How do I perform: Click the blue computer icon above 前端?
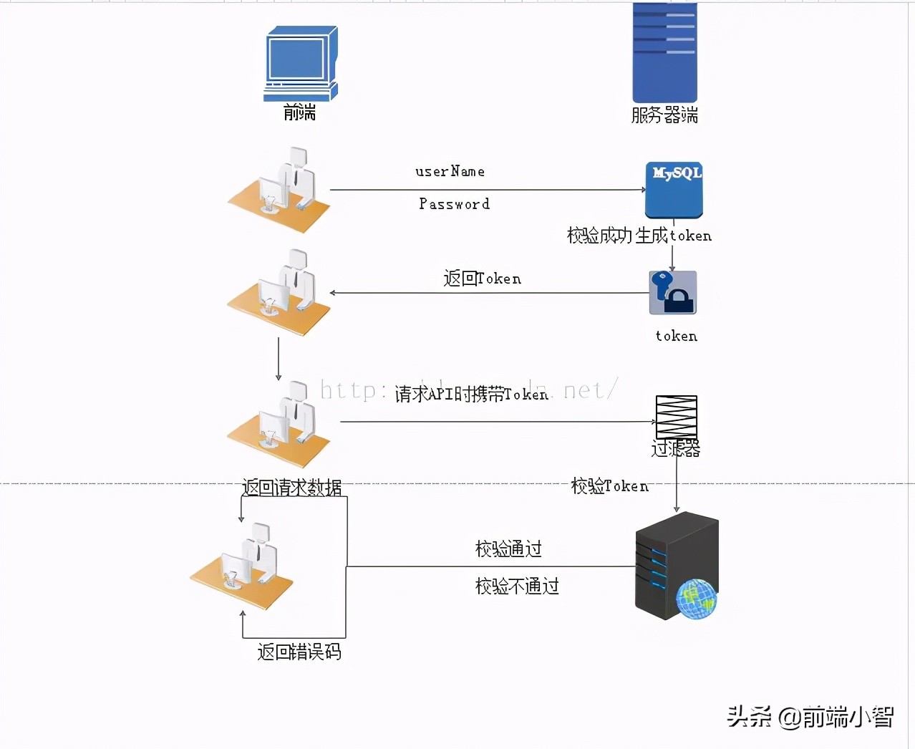tap(300, 64)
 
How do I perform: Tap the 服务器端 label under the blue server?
tap(664, 115)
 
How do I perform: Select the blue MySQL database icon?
tap(674, 190)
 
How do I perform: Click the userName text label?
tap(450, 172)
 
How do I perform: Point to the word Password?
tap(454, 204)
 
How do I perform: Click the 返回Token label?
tap(482, 279)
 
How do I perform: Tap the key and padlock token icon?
tap(672, 292)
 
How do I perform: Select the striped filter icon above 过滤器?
tap(676, 417)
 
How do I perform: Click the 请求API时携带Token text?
tap(471, 394)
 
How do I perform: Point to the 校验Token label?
tap(609, 486)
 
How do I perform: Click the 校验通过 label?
tap(508, 549)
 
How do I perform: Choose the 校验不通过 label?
tap(517, 586)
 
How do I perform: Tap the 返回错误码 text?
tap(299, 652)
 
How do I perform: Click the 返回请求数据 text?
tap(291, 488)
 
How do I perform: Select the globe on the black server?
tap(696, 599)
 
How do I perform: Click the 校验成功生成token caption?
tap(639, 236)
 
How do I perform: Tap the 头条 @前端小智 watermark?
tap(810, 716)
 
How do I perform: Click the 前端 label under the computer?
tap(299, 112)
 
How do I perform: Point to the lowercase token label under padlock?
tap(676, 336)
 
